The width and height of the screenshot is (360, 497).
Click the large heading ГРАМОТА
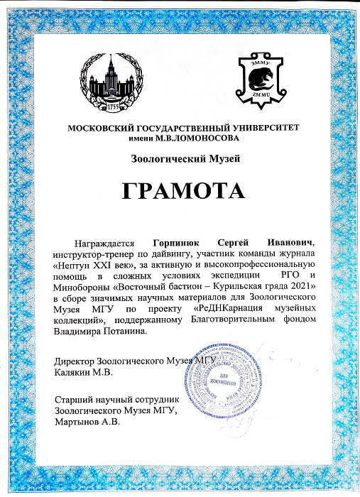click(x=180, y=192)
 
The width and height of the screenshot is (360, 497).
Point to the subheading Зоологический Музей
click(x=180, y=158)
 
